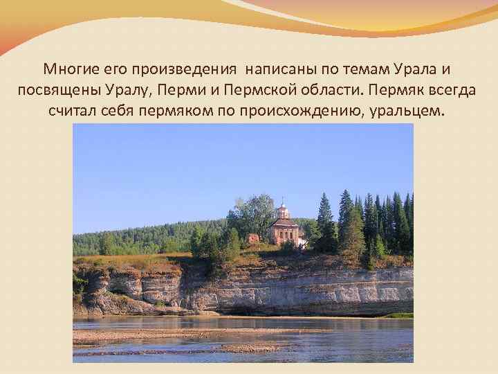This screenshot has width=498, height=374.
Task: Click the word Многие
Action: tap(68, 70)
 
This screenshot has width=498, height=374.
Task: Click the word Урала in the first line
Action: tap(418, 70)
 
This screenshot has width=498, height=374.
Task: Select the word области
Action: tap(329, 91)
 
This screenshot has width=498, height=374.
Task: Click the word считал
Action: tap(76, 111)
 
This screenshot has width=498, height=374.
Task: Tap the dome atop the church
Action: tap(282, 207)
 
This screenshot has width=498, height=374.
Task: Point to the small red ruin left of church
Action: tap(252, 238)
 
